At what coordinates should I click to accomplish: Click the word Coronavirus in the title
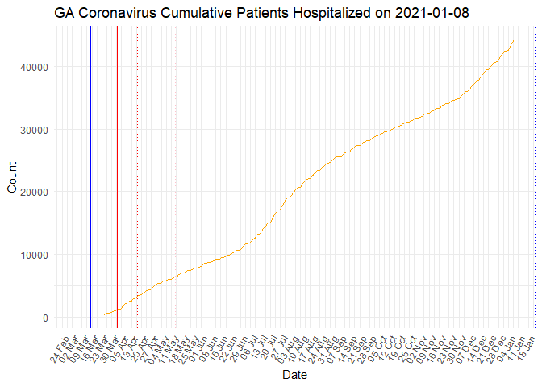[119, 13]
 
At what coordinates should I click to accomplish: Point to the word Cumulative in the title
[197, 13]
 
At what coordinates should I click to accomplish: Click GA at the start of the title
[65, 13]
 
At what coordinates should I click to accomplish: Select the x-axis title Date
[294, 375]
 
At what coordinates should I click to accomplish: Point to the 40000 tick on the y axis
[32, 67]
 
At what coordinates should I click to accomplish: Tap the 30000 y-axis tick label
[32, 130]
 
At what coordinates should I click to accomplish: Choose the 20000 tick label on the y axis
[32, 192]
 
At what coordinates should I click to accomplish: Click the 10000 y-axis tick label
[32, 255]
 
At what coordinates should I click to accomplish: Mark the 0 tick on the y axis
[44, 318]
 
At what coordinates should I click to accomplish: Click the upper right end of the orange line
[515, 40]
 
